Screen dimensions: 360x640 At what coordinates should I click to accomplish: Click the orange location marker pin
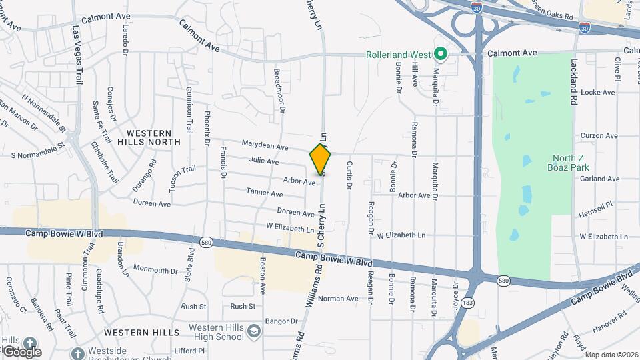[321, 159]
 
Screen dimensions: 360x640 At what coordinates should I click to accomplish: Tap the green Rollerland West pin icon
[440, 54]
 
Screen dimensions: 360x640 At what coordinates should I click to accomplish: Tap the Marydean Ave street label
[265, 146]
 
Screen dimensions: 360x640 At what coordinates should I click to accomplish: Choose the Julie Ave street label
[263, 161]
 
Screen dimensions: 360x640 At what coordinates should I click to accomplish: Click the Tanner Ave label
[265, 193]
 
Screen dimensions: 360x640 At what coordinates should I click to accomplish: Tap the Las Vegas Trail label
[78, 54]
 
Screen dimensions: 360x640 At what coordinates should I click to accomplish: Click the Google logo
[22, 351]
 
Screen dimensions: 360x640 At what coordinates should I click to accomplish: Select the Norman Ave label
[338, 299]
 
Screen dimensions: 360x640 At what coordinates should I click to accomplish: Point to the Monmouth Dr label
[155, 270]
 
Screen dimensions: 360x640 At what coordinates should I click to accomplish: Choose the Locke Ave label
[598, 93]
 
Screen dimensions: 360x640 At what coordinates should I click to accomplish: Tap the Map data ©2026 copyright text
[611, 355]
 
